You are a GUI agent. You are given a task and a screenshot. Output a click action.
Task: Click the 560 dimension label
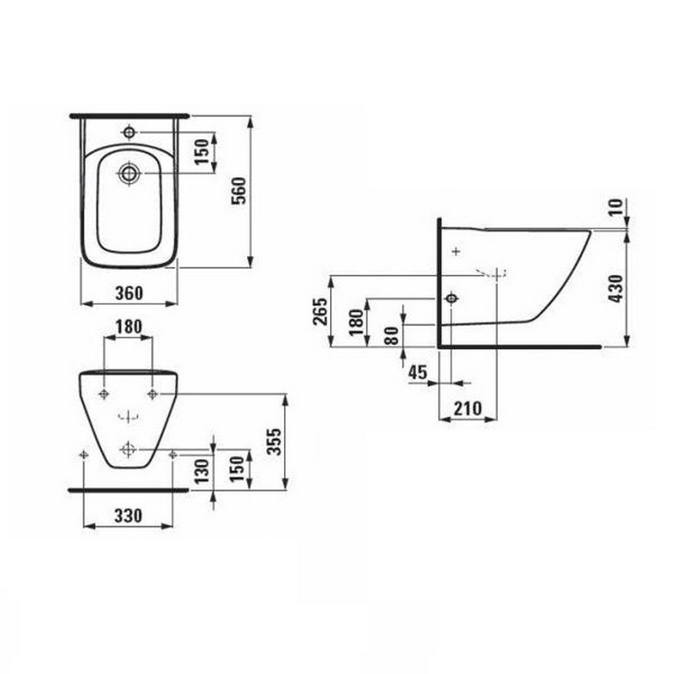[x=239, y=191]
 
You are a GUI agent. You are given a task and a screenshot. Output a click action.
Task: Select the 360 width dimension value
[x=129, y=293]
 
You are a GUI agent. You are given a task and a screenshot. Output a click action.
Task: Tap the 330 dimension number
[x=128, y=516]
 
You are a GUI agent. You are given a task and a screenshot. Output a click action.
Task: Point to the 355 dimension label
[x=274, y=441]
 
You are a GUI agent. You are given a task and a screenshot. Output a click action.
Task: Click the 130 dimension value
[x=201, y=471]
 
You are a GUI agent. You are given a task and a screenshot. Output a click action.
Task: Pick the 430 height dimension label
[x=617, y=288]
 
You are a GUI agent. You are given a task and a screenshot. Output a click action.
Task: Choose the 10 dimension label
[x=616, y=207]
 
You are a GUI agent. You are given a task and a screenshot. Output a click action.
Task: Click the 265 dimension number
[x=321, y=311]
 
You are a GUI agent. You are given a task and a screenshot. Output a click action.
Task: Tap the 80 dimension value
[x=392, y=335]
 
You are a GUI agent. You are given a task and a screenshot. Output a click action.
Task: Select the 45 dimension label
[x=418, y=372]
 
